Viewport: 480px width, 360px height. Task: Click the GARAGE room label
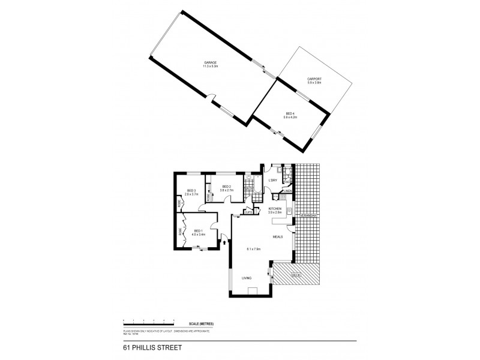[209, 62]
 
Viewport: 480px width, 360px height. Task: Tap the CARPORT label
[314, 79]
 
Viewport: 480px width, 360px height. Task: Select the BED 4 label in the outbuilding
[290, 113]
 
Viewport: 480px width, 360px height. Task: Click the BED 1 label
[198, 231]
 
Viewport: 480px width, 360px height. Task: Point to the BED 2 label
[226, 187]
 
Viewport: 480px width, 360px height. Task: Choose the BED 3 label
[190, 191]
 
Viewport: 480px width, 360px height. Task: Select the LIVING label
[247, 278]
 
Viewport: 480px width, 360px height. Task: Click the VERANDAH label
[308, 214]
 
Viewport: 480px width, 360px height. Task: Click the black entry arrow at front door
[223, 243]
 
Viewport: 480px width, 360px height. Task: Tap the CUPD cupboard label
[247, 211]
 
